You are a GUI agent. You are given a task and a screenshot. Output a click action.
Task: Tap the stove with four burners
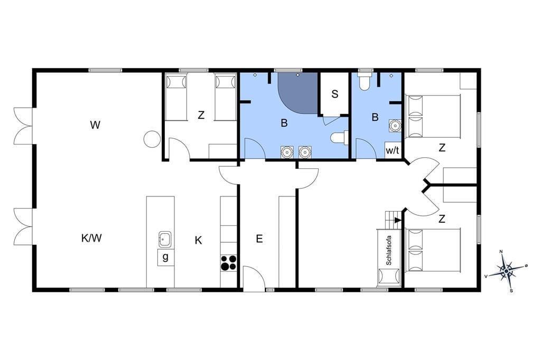click(229, 262)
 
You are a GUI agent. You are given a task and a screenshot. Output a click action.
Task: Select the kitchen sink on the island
click(165, 239)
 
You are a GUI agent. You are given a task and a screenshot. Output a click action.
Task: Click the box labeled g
click(165, 258)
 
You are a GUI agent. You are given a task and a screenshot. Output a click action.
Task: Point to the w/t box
click(393, 150)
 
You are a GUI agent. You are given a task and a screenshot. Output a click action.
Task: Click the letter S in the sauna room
click(334, 94)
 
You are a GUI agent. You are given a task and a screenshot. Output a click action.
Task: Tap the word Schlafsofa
click(389, 250)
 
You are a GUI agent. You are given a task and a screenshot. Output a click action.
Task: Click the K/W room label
click(91, 238)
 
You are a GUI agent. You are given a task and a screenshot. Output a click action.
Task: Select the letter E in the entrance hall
click(259, 239)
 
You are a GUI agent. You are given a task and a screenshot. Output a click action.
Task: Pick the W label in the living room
click(95, 125)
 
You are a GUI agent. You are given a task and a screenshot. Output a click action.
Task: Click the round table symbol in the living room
click(152, 139)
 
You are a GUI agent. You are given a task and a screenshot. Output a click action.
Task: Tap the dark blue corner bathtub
click(297, 93)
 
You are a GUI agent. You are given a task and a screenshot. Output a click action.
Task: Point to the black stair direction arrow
click(398, 220)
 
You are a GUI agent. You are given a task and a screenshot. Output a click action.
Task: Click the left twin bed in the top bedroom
click(176, 97)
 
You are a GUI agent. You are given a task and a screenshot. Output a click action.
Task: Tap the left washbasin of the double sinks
click(287, 151)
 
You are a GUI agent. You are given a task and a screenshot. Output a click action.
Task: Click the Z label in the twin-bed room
click(201, 115)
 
